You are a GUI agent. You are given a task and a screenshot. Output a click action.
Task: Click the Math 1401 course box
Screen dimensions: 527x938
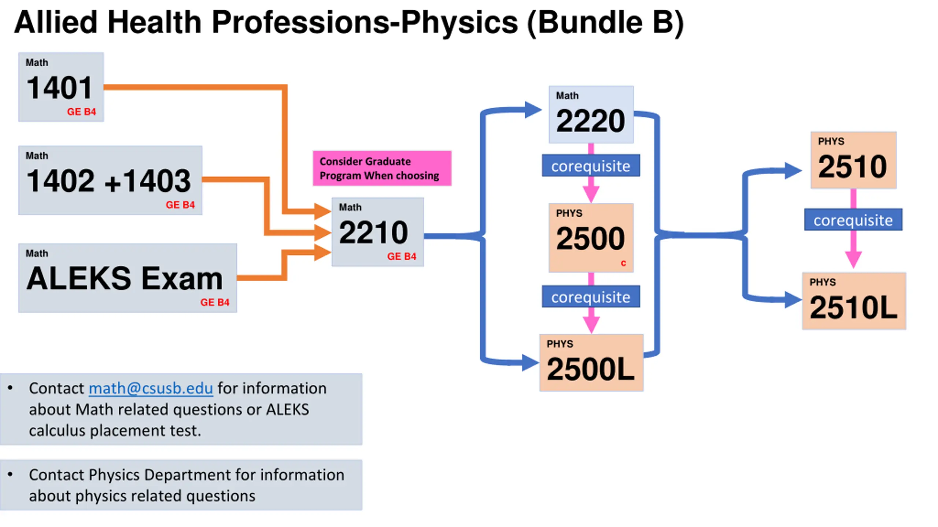pyautogui.click(x=61, y=87)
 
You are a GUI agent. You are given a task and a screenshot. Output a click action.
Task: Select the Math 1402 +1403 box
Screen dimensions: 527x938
pyautogui.click(x=110, y=180)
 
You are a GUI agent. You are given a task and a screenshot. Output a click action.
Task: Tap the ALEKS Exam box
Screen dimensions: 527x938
pyautogui.click(x=127, y=278)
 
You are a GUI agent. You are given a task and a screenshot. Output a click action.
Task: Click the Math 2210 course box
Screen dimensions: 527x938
pyautogui.click(x=377, y=232)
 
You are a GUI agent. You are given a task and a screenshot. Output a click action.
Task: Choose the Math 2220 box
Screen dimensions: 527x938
pyautogui.click(x=591, y=115)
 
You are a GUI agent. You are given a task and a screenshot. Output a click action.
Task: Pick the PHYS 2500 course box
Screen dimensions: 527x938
pyautogui.click(x=591, y=238)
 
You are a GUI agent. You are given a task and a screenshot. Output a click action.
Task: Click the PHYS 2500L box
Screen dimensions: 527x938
pyautogui.click(x=591, y=363)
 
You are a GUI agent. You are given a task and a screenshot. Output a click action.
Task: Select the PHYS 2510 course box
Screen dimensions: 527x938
pyautogui.click(x=853, y=160)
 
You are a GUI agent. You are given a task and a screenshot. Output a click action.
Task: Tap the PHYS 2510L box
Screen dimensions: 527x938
pyautogui.click(x=854, y=301)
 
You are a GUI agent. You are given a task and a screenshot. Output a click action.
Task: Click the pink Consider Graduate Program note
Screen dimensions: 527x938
pyautogui.click(x=382, y=168)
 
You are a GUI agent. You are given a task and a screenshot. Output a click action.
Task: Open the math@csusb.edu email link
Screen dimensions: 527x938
pyautogui.click(x=151, y=388)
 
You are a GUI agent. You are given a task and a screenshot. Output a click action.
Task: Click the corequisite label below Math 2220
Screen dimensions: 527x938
pyautogui.click(x=591, y=166)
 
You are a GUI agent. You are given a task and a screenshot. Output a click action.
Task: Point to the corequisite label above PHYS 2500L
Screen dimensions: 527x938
pyautogui.click(x=591, y=297)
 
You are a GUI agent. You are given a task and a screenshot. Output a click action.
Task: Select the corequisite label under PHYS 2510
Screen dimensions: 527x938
pyautogui.click(x=853, y=220)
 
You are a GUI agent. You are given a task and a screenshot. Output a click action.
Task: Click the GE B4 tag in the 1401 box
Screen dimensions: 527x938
pyautogui.click(x=81, y=112)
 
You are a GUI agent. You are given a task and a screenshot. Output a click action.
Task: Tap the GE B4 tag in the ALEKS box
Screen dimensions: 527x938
pyautogui.click(x=215, y=302)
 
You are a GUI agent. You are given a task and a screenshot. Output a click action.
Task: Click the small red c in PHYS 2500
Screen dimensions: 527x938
pyautogui.click(x=623, y=263)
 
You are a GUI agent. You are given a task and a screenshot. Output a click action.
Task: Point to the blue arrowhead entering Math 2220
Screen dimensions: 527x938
pyautogui.click(x=533, y=109)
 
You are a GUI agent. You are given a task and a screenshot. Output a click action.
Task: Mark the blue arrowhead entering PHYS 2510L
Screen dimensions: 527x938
pyautogui.click(x=793, y=300)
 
